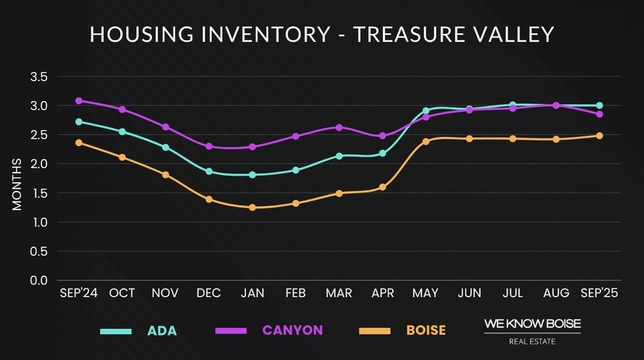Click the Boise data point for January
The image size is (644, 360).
pos(252,207)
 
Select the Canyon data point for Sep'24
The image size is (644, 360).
pos(79,101)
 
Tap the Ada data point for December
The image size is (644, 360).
pos(209,171)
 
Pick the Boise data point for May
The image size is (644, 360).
pos(426,142)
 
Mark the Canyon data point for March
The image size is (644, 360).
pos(339,127)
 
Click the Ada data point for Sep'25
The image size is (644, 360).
pos(599,106)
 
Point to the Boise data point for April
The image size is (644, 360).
pos(382,187)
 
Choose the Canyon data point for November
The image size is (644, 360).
pos(165,127)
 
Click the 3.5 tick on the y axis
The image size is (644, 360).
pos(39,77)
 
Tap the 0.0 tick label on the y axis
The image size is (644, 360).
pos(39,281)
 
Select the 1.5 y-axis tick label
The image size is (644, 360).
pos(39,193)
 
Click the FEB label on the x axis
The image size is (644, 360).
pos(296,293)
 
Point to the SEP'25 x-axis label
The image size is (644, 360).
pos(599,293)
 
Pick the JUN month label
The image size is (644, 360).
pos(469,293)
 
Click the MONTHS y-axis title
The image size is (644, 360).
pos(17,184)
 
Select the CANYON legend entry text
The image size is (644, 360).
pos(292,330)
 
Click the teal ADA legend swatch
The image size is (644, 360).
pos(116,331)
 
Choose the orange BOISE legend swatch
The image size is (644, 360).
pos(374,331)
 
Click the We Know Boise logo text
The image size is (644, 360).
pos(532,323)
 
